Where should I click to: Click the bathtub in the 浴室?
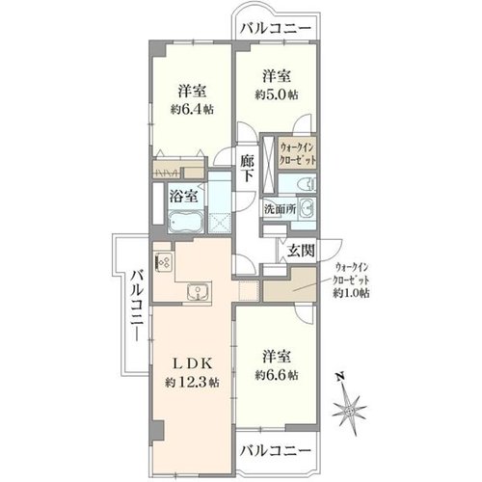click(x=186, y=222)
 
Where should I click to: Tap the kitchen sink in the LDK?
click(x=200, y=292)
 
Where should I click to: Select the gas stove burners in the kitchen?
click(x=164, y=261)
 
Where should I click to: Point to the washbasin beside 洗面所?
click(x=307, y=209)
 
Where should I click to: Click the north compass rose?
click(x=349, y=411)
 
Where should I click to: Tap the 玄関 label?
click(x=301, y=251)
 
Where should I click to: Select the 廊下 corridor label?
click(x=248, y=169)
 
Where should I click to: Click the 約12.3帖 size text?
click(x=193, y=383)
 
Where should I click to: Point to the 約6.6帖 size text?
click(x=277, y=374)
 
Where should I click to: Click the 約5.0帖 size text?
click(x=277, y=94)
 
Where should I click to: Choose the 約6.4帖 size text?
click(x=192, y=110)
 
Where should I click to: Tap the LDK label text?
click(x=193, y=364)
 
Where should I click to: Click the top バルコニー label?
click(x=277, y=28)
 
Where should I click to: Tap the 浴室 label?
click(x=183, y=196)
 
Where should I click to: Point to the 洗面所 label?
click(x=280, y=209)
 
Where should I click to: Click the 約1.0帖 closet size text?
click(x=351, y=293)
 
